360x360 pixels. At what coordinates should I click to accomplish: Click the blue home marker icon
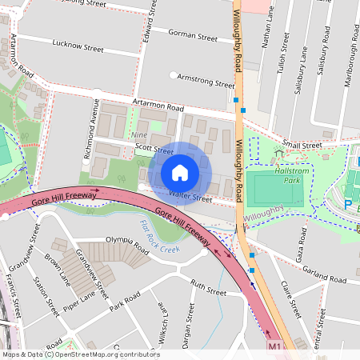[180, 173]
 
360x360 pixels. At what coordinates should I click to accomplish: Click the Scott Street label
[154, 150]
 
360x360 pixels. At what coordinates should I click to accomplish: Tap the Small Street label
[301, 146]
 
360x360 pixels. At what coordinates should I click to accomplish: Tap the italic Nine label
[139, 137]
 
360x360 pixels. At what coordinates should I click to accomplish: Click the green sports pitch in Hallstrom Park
[274, 190]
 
